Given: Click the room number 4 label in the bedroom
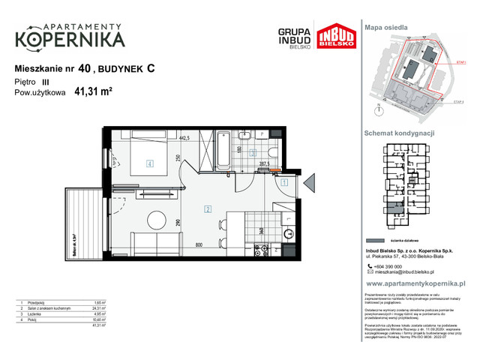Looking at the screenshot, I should pyautogui.click(x=150, y=163).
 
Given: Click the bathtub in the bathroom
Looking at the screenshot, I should pyautogui.click(x=223, y=150).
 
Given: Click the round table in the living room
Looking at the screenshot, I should pyautogui.click(x=157, y=220).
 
